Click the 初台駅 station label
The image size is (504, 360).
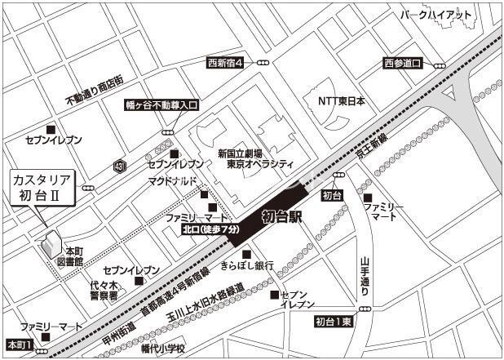(281, 217)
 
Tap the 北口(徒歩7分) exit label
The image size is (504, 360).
(210, 231)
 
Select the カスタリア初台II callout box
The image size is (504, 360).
(41, 189)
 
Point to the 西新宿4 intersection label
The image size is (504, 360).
(225, 62)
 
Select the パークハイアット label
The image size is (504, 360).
(436, 15)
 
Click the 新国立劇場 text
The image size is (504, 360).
(240, 153)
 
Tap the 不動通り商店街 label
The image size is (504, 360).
(94, 91)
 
